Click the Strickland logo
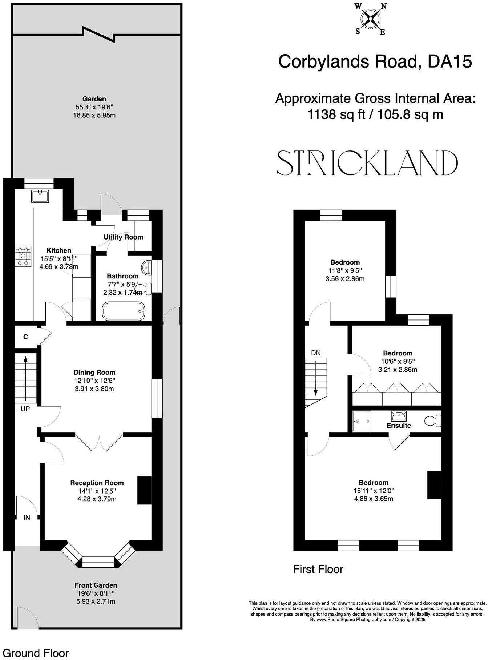pyautogui.click(x=367, y=163)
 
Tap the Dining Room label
pyautogui.click(x=94, y=372)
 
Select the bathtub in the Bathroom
pyautogui.click(x=124, y=311)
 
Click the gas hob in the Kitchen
pyautogui.click(x=23, y=257)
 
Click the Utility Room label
pyautogui.click(x=123, y=237)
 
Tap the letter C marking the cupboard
pyautogui.click(x=25, y=337)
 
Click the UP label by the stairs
pyautogui.click(x=25, y=409)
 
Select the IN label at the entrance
pyautogui.click(x=27, y=517)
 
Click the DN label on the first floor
pyautogui.click(x=316, y=353)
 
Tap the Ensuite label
pyautogui.click(x=399, y=425)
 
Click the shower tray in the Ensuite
pyautogui.click(x=362, y=422)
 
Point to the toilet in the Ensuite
pyautogui.click(x=432, y=421)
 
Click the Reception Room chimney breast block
pyautogui.click(x=144, y=490)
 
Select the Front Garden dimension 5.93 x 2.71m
pyautogui.click(x=96, y=601)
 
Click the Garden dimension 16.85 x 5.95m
pyautogui.click(x=94, y=116)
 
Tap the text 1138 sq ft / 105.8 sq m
pyautogui.click(x=375, y=115)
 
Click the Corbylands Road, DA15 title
pyautogui.click(x=375, y=61)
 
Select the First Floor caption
pyautogui.click(x=318, y=569)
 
